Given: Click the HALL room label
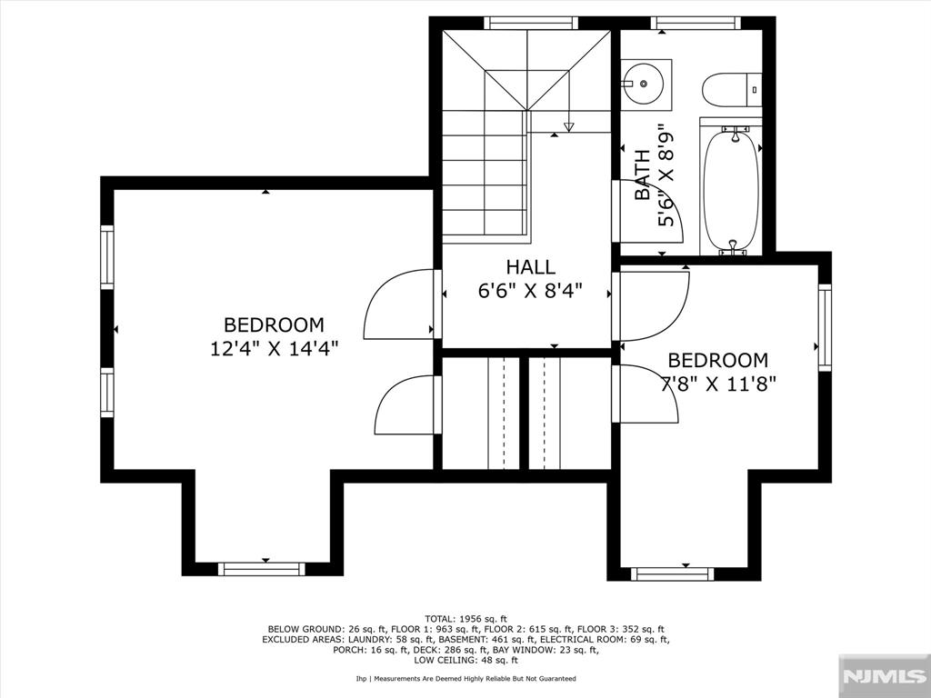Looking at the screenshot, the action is pos(530,267).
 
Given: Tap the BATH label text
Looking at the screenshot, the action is pos(643,174).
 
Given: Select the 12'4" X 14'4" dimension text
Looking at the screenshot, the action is pos(275,348).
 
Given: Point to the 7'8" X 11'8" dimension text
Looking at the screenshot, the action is pos(718,384).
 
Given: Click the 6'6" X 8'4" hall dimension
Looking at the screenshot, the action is pos(530,291).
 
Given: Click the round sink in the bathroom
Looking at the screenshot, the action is pos(645,85).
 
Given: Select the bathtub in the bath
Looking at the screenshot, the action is pos(732,186).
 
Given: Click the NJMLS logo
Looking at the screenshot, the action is pos(884,675).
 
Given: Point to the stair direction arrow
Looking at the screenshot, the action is pos(569,126).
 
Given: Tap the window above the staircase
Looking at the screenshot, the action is pos(531,23).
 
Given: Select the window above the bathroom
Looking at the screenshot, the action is pos(696,23).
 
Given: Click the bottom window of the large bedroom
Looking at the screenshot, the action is pos(261,569).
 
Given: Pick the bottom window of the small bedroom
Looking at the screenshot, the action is pos(672,574).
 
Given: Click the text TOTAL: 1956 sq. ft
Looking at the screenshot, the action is pos(466,619).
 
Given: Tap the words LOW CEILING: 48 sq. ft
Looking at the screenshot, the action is pos(466,660).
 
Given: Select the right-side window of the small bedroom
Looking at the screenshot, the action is pos(825,327).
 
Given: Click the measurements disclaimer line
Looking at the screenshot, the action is pos(466,678).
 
